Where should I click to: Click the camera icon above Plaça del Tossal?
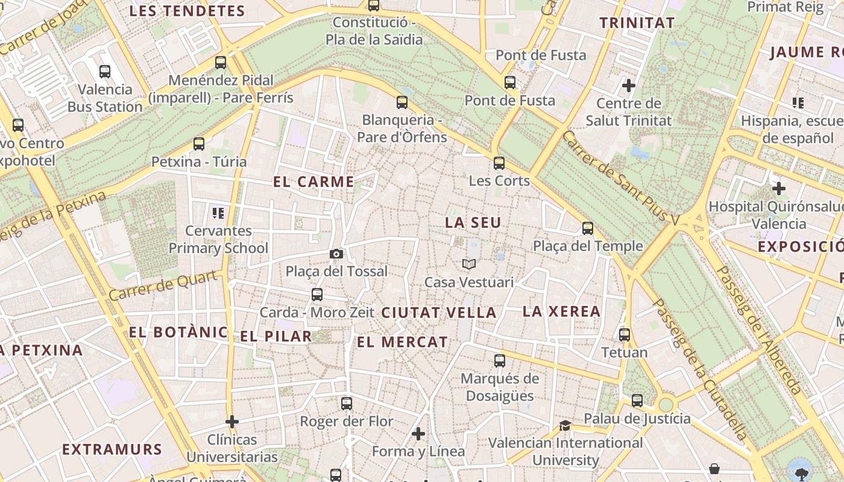point(336,254)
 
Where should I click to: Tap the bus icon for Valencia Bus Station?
point(105,72)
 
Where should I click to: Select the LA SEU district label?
point(473,223)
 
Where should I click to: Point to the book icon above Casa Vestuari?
point(469,264)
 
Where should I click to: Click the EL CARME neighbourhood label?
point(313,182)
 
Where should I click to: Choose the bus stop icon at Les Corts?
point(499,163)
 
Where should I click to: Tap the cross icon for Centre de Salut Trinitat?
point(629,86)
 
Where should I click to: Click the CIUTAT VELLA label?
point(439,313)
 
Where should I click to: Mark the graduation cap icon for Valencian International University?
point(565,425)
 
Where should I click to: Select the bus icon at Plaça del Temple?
point(588,228)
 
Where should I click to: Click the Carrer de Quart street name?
point(163,286)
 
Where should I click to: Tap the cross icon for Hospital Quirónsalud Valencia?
point(779,189)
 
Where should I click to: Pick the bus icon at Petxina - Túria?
point(199,144)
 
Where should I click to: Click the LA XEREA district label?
point(561,311)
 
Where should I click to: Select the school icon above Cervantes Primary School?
point(218,213)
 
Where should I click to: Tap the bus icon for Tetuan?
point(625,335)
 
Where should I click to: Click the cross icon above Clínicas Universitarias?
point(232,422)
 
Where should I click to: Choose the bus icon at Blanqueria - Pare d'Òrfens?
point(402,102)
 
